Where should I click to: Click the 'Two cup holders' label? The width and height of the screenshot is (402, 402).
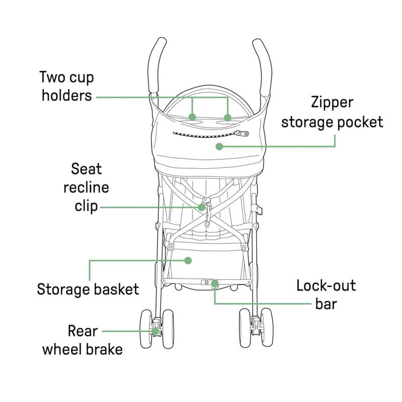(67, 86)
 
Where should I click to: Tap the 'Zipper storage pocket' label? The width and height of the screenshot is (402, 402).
(332, 112)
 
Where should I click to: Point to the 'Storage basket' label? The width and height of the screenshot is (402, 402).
(88, 289)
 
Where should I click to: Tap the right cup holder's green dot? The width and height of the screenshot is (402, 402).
(228, 118)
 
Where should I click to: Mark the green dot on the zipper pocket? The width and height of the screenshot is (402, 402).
(218, 146)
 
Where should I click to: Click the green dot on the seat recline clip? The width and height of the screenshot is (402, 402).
(203, 207)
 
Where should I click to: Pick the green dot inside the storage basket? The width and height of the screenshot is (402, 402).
(188, 260)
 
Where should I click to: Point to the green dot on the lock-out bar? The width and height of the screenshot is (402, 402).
(215, 284)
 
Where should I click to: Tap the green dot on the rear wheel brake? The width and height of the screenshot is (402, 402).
(156, 331)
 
